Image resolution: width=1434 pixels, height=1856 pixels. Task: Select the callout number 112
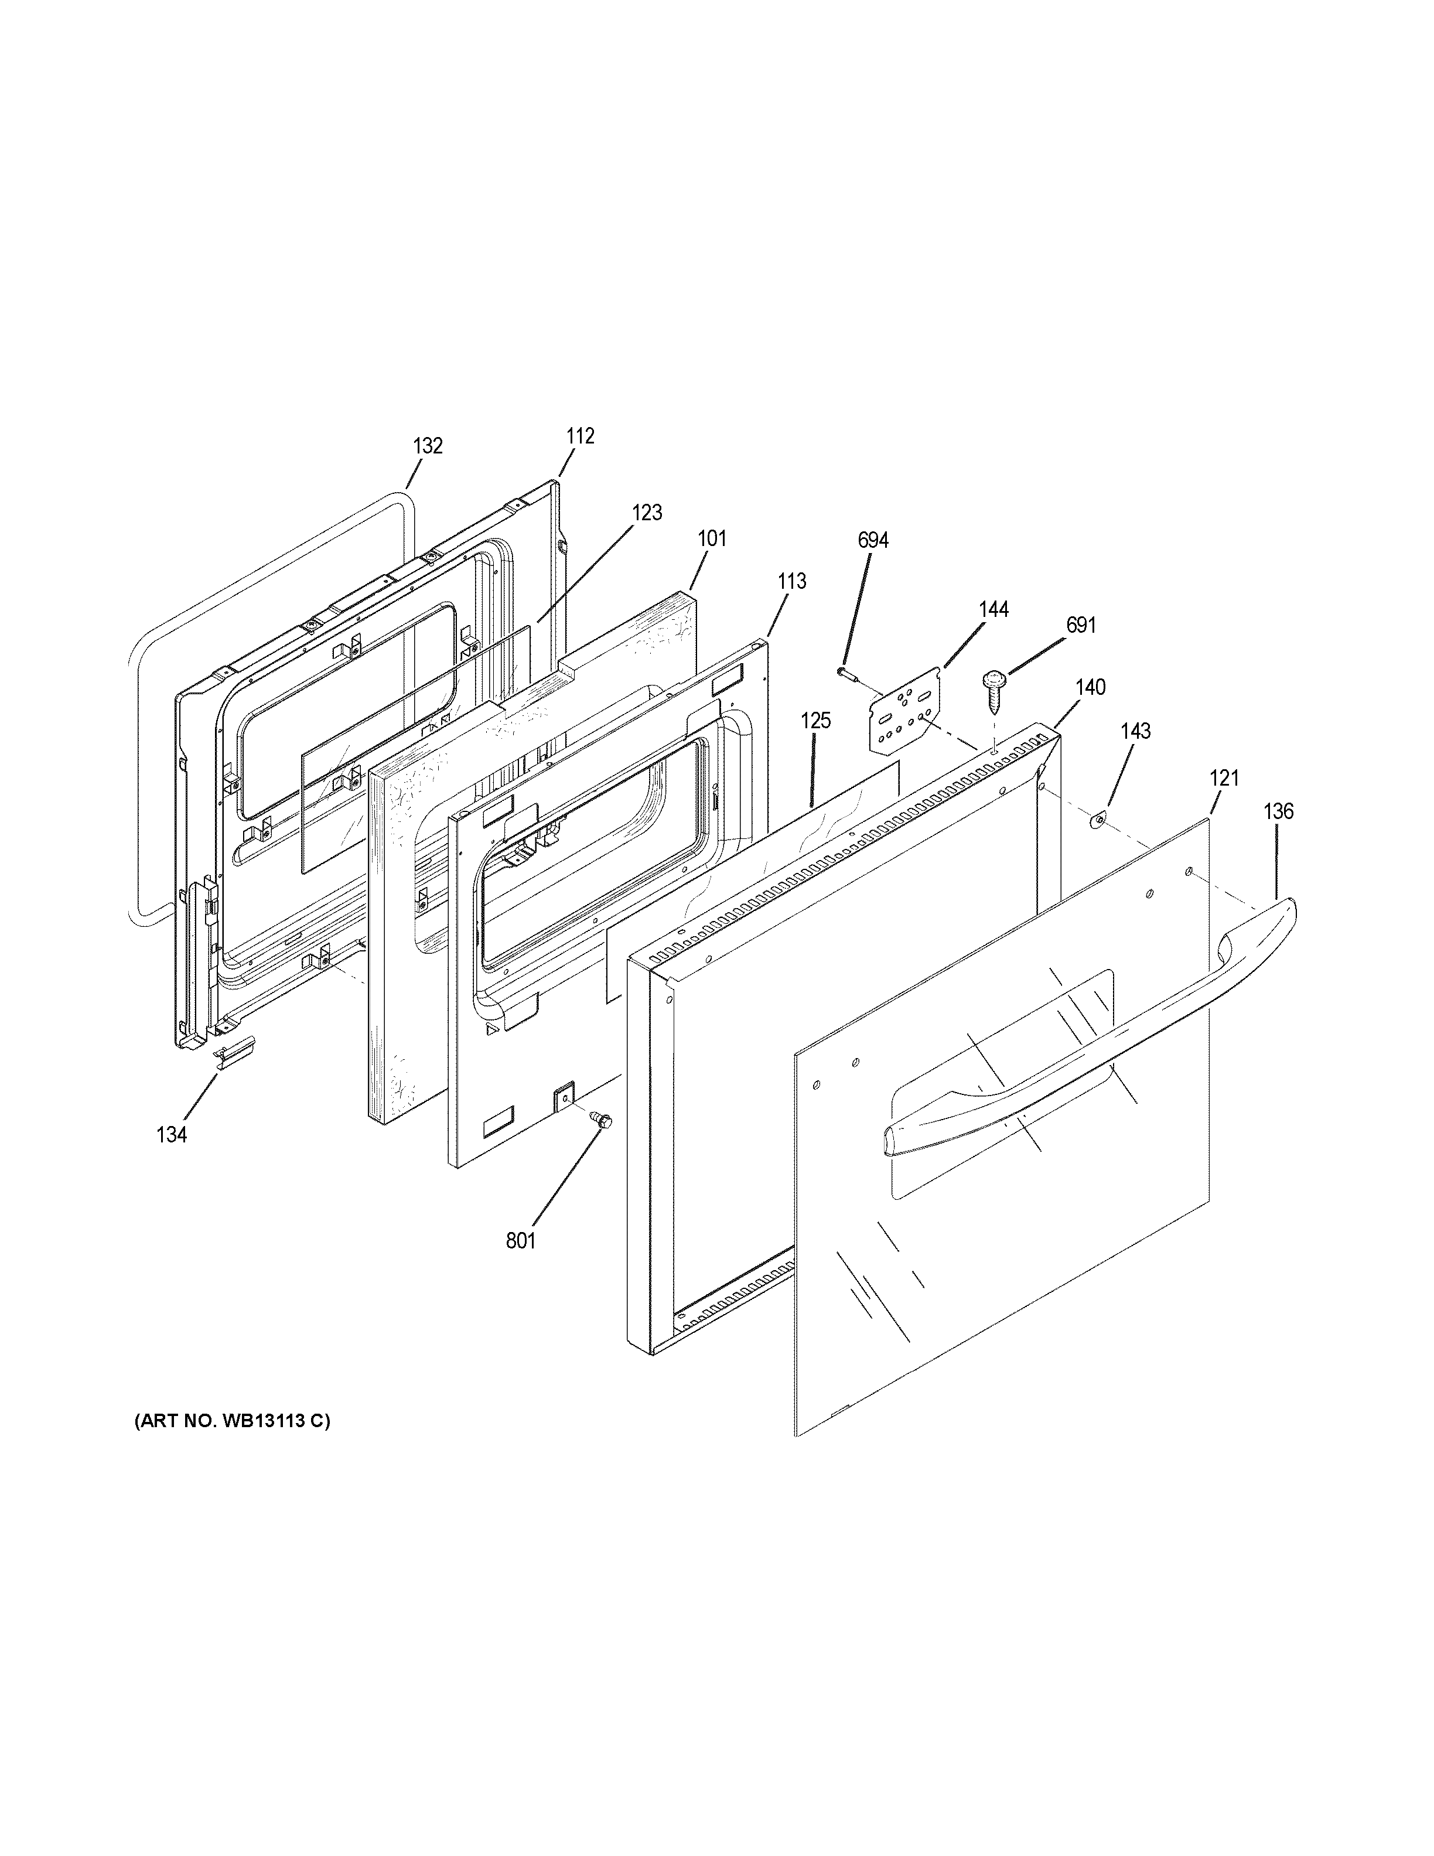pos(581,436)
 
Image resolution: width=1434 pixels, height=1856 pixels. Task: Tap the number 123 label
pos(647,513)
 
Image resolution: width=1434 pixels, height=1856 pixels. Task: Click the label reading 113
pos(791,581)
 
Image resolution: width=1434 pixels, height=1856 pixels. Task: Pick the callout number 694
pos(872,540)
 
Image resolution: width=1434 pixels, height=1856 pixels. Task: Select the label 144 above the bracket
pos(993,609)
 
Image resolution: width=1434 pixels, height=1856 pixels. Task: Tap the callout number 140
pos(1091,687)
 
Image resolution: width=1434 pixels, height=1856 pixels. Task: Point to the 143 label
pos(1135,731)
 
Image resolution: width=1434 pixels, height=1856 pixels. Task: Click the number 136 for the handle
pos(1278,811)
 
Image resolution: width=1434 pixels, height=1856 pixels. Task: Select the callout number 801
pos(521,1241)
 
